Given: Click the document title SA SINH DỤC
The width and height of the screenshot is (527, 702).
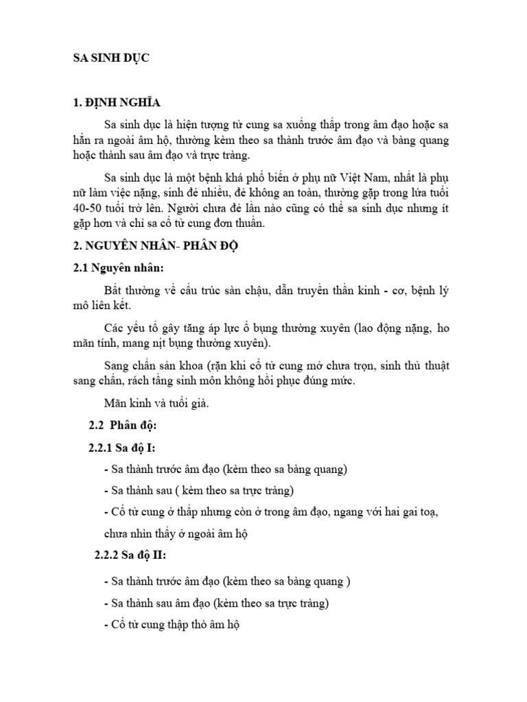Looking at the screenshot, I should click(111, 59).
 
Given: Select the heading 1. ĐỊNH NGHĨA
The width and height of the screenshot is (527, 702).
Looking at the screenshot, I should click(117, 103).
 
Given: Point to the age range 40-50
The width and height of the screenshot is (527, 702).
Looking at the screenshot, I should click(89, 207).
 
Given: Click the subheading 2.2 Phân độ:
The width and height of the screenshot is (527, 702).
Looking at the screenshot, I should click(123, 426).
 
